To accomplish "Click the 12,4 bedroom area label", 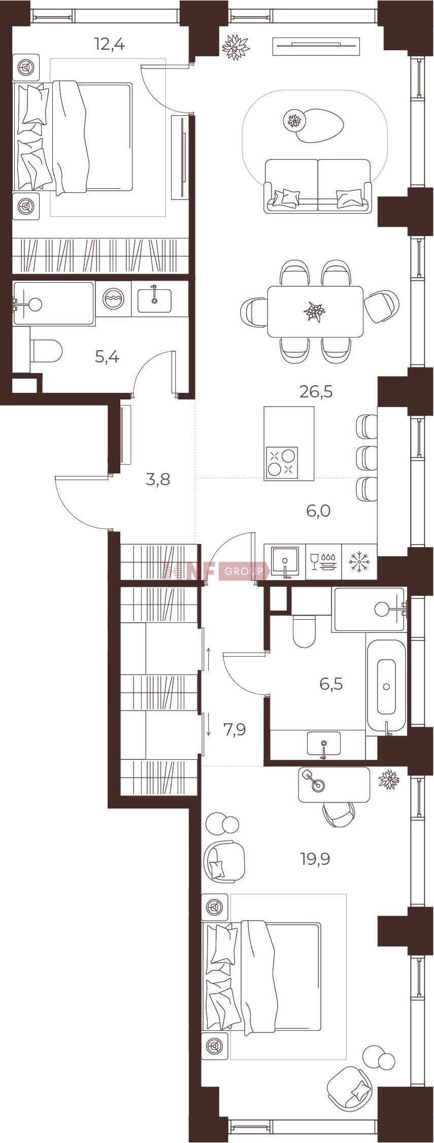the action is click(x=110, y=45).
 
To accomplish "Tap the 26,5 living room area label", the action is click(x=316, y=392).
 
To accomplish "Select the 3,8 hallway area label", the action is click(x=158, y=479).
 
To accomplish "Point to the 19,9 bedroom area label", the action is click(x=314, y=859).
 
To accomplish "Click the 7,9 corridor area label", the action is click(x=235, y=729).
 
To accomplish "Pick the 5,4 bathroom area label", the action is click(x=107, y=357).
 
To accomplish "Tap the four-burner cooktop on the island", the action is click(x=282, y=463).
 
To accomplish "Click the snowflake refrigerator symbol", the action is click(x=359, y=561).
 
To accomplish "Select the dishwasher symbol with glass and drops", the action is click(x=323, y=561).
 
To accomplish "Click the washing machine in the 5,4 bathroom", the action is click(x=113, y=299).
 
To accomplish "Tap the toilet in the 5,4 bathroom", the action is click(x=46, y=351).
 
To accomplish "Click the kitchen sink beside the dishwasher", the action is click(x=285, y=561).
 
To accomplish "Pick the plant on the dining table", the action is click(x=315, y=312).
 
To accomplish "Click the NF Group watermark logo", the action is click(x=216, y=571).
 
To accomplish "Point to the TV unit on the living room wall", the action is click(x=317, y=47).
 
